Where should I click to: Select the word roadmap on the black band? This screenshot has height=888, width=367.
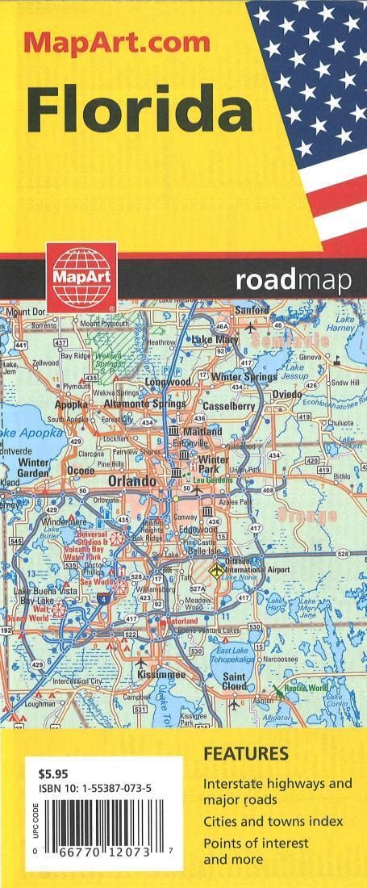pos(294,281)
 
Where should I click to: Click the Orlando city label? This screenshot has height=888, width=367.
pos(131,481)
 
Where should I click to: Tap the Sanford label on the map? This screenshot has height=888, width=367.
pos(252,310)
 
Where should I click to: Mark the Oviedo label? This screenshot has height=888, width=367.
pos(286,394)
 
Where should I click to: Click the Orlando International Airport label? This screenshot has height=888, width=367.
pos(257,565)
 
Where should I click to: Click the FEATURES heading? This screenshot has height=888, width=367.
pos(245,755)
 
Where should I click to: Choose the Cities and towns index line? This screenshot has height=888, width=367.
pos(273,821)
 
